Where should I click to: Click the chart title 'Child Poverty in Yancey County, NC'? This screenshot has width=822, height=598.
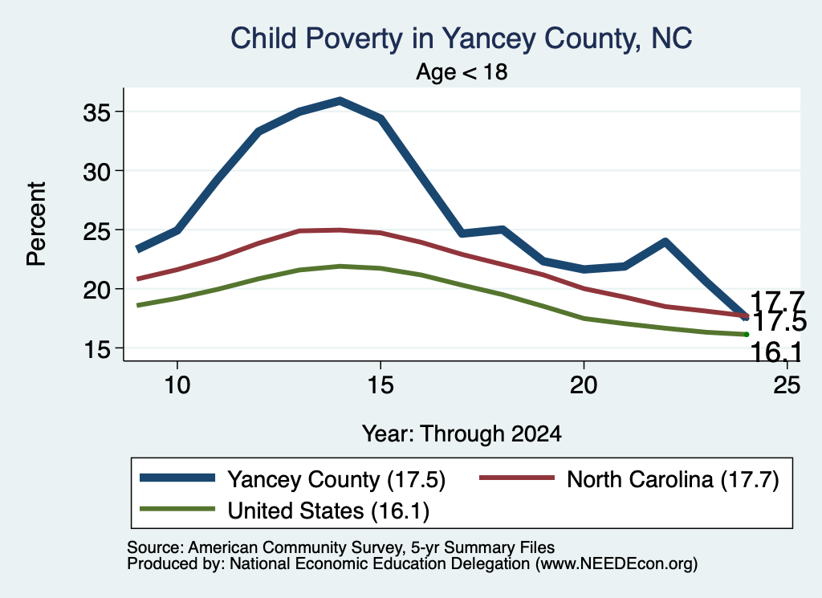pos(462,39)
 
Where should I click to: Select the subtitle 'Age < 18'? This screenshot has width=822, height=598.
pos(462,71)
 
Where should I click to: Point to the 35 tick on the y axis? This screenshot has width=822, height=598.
pos(97,112)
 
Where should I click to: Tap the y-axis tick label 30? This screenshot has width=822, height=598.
pos(97,172)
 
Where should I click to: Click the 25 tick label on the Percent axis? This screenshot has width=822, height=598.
pos(97,230)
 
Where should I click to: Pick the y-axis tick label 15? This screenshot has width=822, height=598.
pos(97,349)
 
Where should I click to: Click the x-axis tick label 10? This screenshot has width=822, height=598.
pos(177,385)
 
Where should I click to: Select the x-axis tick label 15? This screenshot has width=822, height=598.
pos(380,385)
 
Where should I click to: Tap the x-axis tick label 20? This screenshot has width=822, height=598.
pos(584,385)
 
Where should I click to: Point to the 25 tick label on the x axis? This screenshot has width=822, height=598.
pos(787,385)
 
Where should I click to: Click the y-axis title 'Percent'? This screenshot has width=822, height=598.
pos(36,224)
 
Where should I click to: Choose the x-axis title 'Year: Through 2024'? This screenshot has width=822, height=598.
pos(462,434)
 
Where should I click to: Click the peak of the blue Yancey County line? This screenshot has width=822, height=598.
pos(340,100)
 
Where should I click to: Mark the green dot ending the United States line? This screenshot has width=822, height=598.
pos(746,335)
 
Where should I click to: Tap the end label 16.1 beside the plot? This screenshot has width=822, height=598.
pos(776,352)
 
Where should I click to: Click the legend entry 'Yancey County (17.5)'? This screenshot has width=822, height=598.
pos(292,479)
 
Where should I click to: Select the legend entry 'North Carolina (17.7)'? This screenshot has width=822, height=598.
pos(629,479)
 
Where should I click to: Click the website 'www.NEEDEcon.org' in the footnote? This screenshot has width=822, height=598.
pos(616,564)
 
